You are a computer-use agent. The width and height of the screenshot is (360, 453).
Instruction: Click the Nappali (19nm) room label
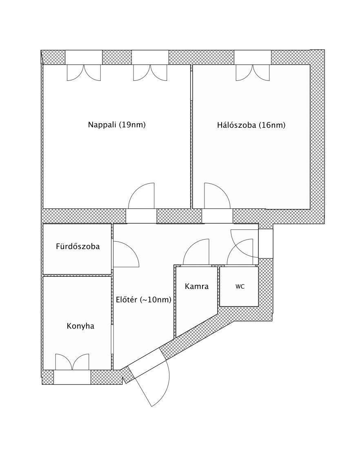click(117, 125)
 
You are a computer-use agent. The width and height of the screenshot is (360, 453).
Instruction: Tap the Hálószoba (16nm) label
click(251, 125)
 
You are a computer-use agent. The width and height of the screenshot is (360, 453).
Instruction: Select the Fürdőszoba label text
click(78, 246)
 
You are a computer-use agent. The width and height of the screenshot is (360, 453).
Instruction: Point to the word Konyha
click(80, 326)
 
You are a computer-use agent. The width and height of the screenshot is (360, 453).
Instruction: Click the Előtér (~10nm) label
click(144, 300)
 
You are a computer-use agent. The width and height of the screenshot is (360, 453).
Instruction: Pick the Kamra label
click(196, 286)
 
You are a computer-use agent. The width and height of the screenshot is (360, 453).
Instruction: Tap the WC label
click(240, 286)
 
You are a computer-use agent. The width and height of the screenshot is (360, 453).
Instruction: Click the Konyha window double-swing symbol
click(72, 362)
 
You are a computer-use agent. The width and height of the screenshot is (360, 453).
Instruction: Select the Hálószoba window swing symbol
click(253, 73)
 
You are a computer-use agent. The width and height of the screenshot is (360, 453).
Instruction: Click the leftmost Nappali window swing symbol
click(84, 73)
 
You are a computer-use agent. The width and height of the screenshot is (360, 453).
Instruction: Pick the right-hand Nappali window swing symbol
click(150, 73)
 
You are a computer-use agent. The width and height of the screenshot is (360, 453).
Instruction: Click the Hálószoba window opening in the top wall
click(253, 57)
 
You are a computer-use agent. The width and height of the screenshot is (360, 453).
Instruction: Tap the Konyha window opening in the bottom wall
click(72, 377)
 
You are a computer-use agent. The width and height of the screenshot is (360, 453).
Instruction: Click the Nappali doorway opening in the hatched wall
click(141, 216)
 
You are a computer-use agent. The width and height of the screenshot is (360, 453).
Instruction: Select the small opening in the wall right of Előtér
click(266, 244)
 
